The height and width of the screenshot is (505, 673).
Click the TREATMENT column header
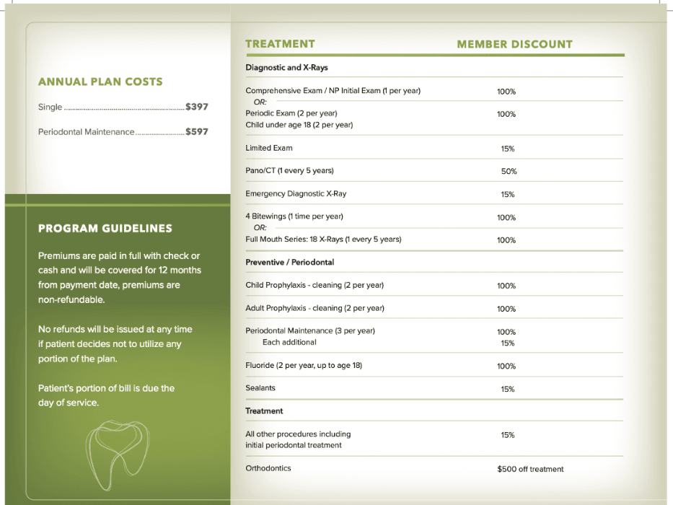(x=280, y=44)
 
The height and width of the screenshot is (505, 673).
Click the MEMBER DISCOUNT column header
(x=514, y=45)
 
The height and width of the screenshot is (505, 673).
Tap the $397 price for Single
(x=197, y=107)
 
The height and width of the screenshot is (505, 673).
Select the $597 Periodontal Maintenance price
(x=197, y=132)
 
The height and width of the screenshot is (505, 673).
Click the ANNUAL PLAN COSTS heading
(x=100, y=82)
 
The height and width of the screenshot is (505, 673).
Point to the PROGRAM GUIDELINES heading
(x=105, y=229)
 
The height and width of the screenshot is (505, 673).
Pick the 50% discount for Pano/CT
(x=509, y=172)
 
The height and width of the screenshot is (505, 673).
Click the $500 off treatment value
(x=530, y=469)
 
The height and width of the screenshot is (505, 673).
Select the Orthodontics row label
(x=268, y=468)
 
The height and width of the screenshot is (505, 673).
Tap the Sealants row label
(x=260, y=388)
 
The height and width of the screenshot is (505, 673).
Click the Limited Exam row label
(x=269, y=148)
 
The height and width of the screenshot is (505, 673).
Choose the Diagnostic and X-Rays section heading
(x=286, y=68)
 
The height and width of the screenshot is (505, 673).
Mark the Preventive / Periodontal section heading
(x=290, y=263)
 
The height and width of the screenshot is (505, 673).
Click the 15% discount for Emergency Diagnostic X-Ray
(x=507, y=195)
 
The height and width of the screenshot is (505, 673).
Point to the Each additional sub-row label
(x=289, y=342)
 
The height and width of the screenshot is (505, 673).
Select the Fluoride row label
(x=304, y=366)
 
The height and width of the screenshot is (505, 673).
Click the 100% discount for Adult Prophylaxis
(x=506, y=309)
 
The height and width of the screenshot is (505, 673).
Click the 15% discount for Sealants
(x=507, y=390)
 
